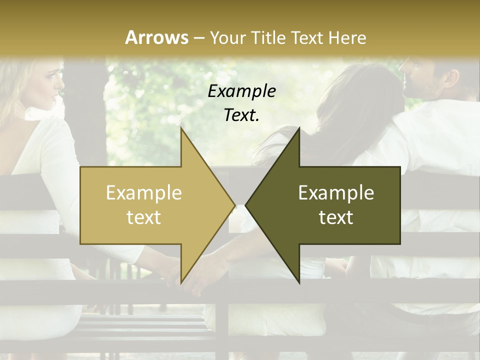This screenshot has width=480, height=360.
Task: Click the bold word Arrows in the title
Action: click(x=157, y=37)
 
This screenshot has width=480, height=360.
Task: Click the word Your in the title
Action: click(x=226, y=38)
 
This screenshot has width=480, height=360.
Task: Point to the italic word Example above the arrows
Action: click(x=241, y=91)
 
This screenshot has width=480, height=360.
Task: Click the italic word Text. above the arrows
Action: click(x=241, y=115)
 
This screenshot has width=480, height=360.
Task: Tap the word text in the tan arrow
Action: click(x=143, y=217)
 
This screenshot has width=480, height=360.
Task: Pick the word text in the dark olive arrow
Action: click(x=336, y=217)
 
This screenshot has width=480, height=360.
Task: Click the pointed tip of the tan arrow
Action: click(x=235, y=205)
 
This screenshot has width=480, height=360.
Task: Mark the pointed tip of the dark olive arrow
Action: click(x=246, y=205)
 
